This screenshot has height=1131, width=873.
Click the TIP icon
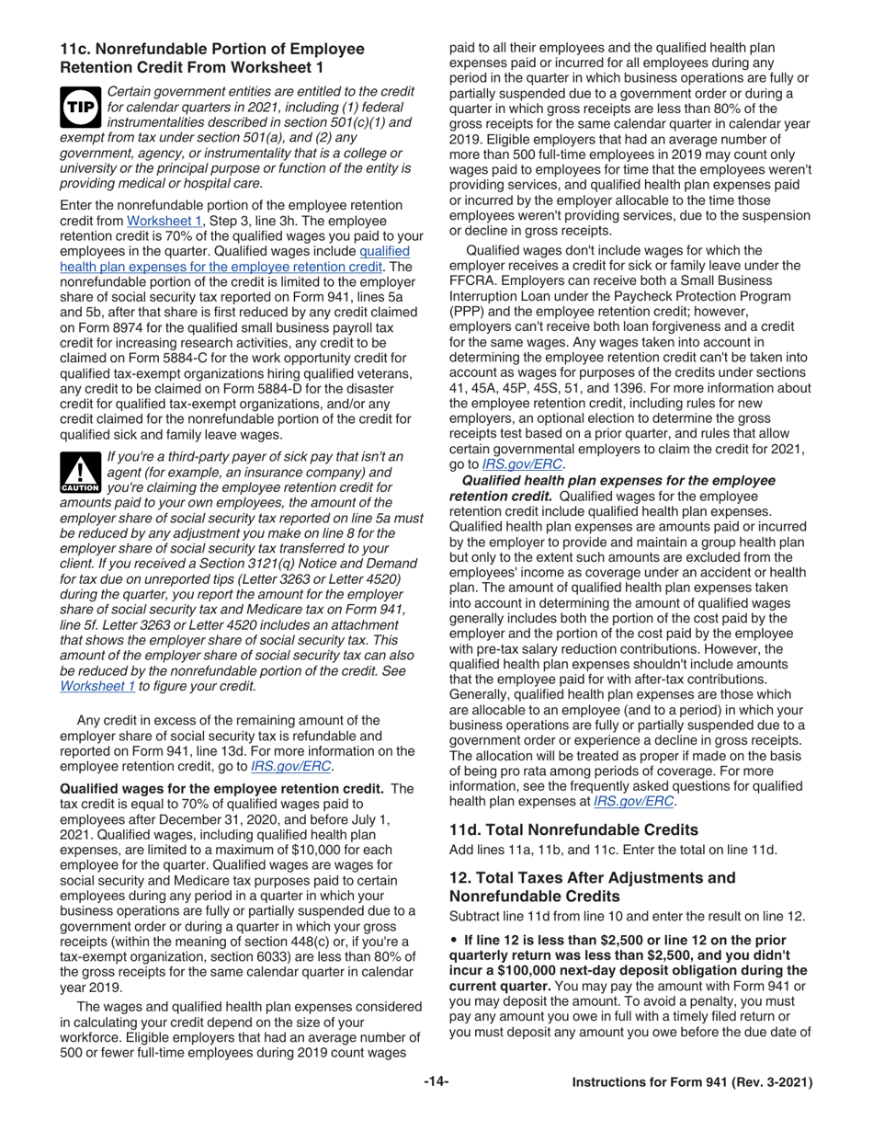point(79,108)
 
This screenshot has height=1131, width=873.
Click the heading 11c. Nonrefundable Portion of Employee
point(212,50)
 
